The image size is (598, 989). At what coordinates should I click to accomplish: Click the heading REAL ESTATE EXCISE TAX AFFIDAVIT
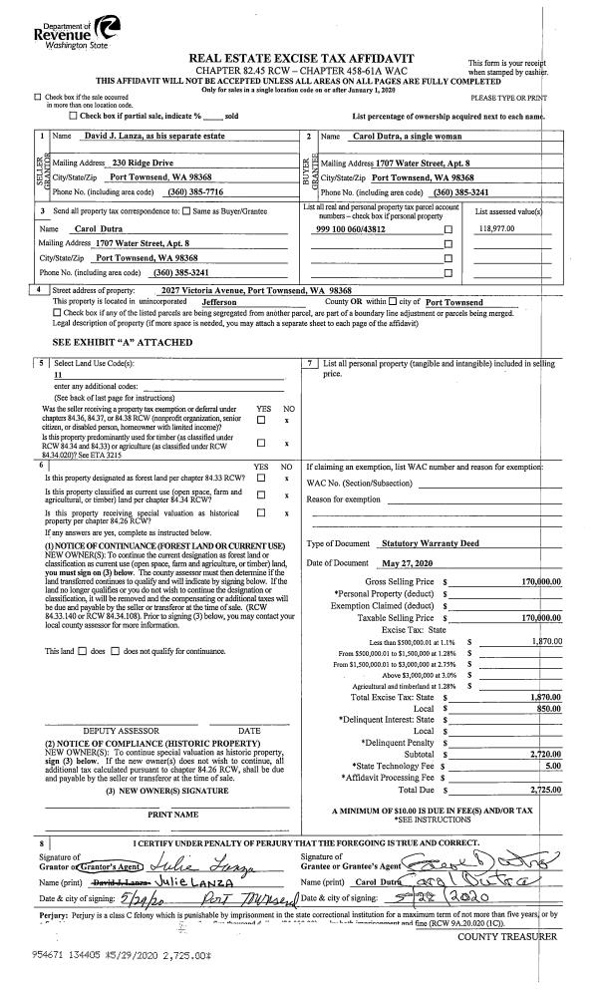[x=308, y=60]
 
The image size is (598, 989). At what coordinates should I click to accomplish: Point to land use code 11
[x=58, y=375]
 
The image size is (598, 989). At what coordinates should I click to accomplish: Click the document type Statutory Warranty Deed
[x=430, y=543]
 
